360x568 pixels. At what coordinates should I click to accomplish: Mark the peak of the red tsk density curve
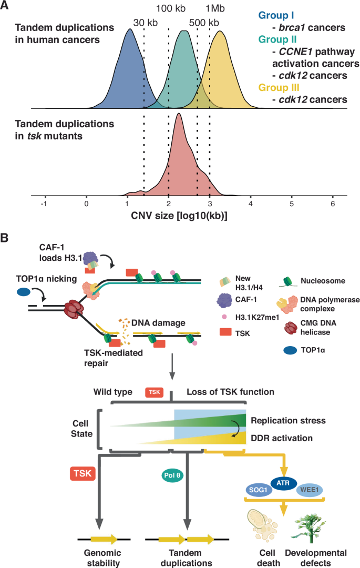[179, 114]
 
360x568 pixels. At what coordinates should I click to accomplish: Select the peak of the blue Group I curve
[130, 29]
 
